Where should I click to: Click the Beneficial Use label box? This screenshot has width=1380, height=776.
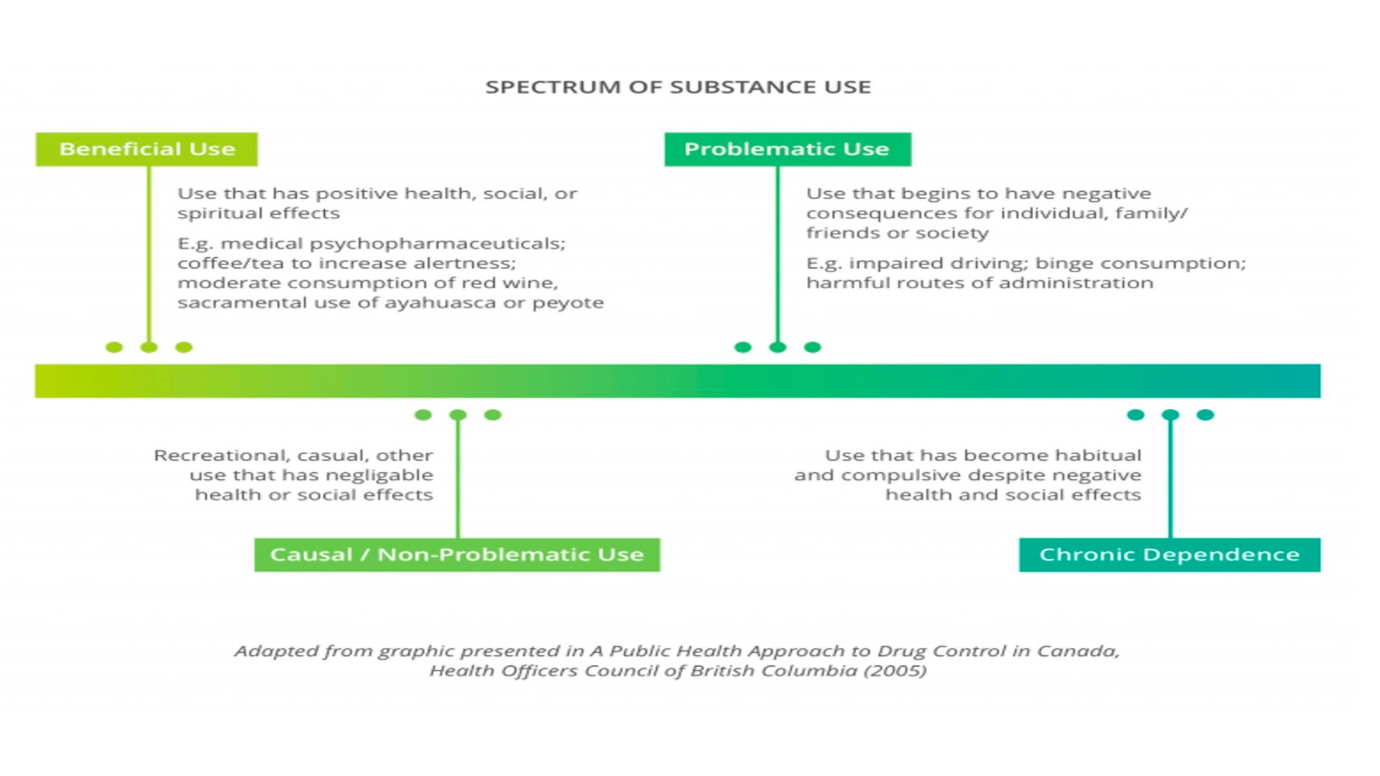coord(147,149)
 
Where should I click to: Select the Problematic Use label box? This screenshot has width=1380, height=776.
coord(787,149)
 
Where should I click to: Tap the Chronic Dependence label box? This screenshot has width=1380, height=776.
coord(1169,555)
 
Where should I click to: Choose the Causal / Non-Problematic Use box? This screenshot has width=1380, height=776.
coord(457,555)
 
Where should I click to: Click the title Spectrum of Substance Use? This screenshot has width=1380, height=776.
coord(678,87)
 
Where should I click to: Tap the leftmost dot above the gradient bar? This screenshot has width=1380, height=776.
coord(114,348)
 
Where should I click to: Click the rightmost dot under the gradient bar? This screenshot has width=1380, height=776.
coord(1205,415)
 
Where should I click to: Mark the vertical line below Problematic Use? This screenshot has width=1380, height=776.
coord(777,251)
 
